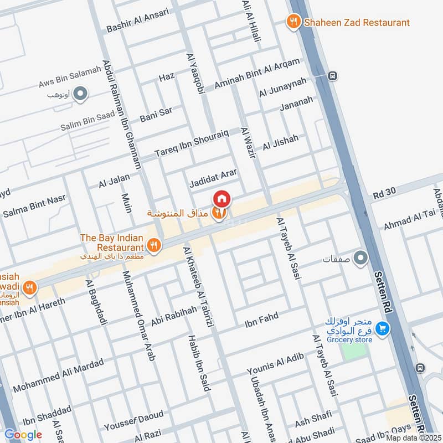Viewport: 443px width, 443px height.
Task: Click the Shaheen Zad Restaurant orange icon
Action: (293, 22)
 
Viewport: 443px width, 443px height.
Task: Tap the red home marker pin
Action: (221, 198)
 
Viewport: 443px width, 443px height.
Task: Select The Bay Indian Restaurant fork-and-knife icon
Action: (154, 244)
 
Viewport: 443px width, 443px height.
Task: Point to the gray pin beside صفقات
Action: (360, 258)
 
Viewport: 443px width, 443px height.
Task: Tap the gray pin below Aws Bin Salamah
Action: (81, 94)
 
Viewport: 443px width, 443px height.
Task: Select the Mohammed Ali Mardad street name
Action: (58, 375)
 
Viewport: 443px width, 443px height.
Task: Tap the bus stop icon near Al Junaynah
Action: (332, 76)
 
